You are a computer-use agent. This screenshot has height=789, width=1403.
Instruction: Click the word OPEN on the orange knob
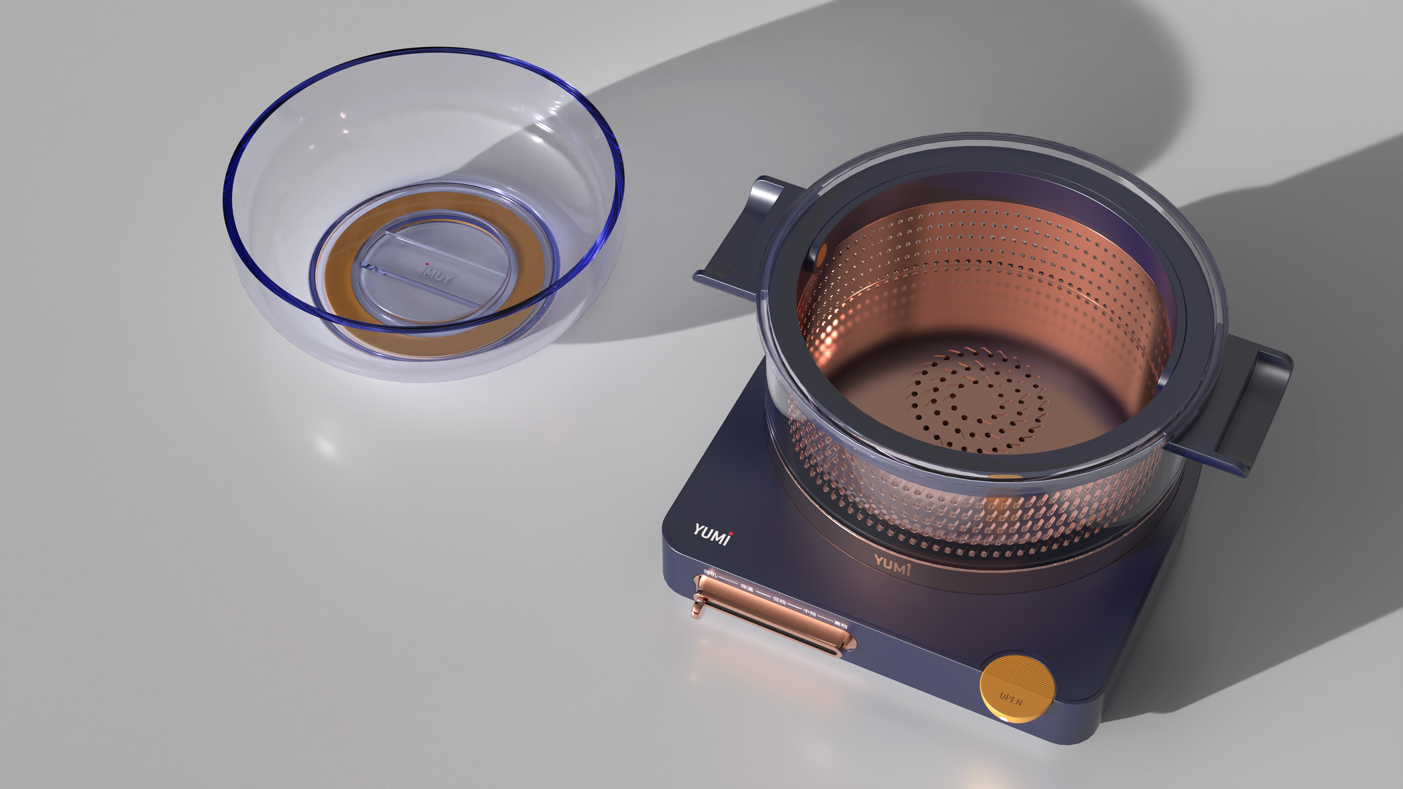click(x=1011, y=699)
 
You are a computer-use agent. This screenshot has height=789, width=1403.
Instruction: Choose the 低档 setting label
click(x=779, y=601)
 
